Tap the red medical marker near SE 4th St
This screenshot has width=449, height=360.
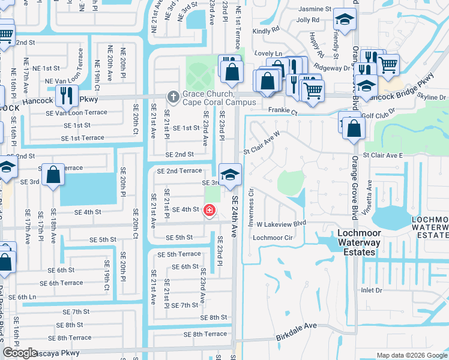209,210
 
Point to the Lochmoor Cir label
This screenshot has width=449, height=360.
273,238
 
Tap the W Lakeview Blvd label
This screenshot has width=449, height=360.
282,223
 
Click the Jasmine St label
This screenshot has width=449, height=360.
315,10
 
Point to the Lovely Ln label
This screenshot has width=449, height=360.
268,53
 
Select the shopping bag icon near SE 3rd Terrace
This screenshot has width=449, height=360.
53,176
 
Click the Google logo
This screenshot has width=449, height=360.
20,353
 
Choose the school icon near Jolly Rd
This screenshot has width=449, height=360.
345,20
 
